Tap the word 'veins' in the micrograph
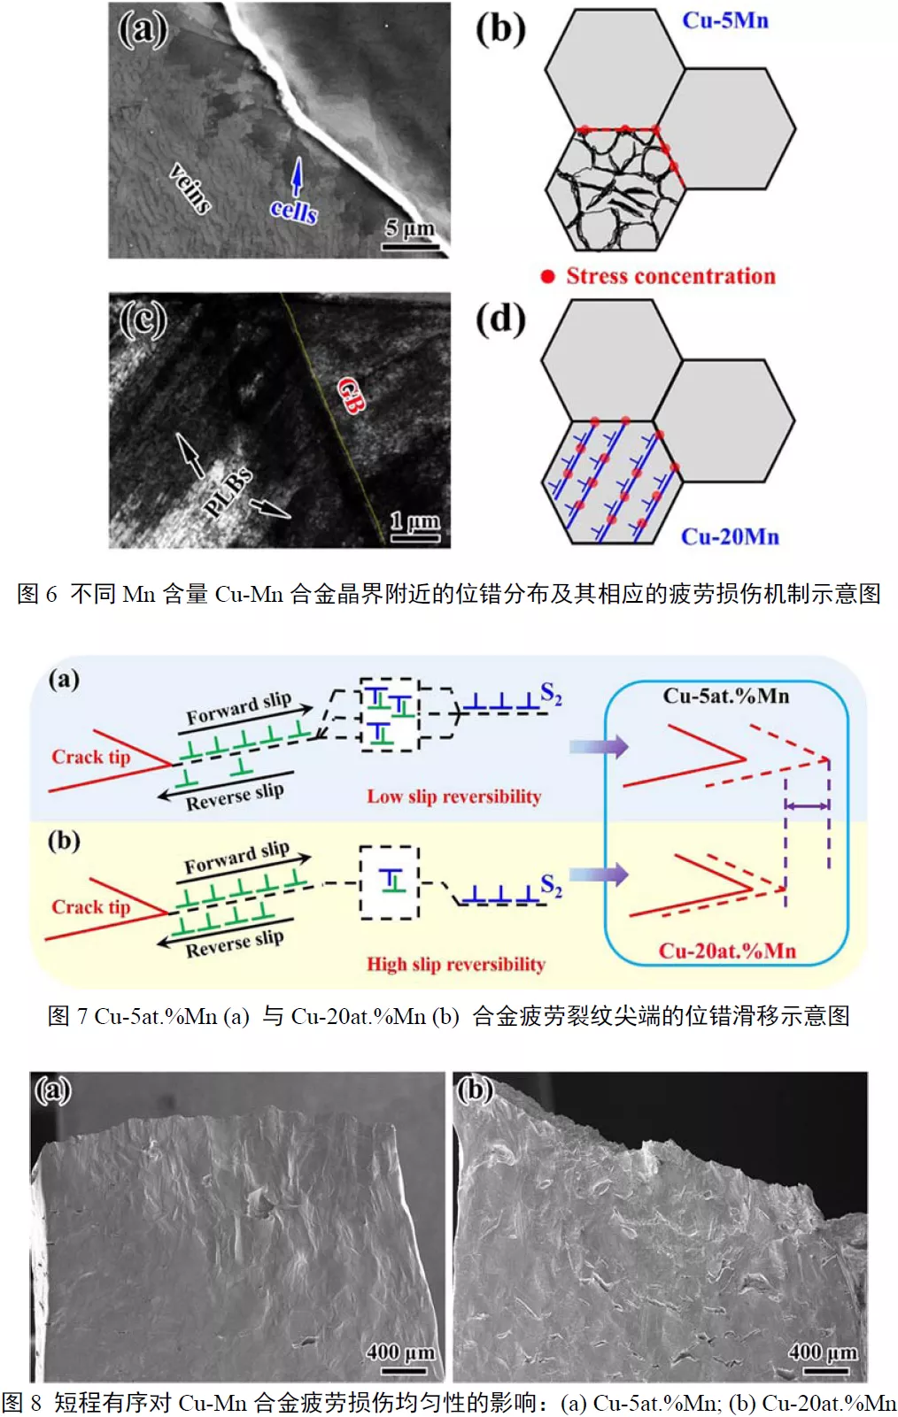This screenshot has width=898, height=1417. [x=190, y=188]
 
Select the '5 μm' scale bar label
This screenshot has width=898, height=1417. [x=410, y=228]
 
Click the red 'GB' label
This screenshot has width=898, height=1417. [x=351, y=395]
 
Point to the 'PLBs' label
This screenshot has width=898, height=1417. [x=228, y=492]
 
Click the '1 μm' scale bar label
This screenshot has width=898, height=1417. [x=415, y=520]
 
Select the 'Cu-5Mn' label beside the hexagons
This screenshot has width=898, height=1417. [x=724, y=20]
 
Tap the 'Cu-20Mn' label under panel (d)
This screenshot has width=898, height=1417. [x=730, y=536]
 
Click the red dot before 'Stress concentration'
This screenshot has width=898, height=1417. [x=548, y=276]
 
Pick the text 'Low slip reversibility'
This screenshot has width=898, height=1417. [x=453, y=797]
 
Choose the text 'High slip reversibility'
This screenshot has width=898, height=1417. [x=456, y=964]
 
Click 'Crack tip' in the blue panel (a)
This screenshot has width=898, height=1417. [x=90, y=757]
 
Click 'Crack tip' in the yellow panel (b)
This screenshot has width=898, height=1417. [x=90, y=907]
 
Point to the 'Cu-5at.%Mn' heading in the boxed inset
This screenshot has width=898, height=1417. [x=726, y=696]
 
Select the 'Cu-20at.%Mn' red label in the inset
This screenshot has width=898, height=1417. [x=727, y=951]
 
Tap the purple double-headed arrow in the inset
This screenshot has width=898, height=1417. [x=807, y=805]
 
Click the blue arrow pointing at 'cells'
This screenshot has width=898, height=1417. [x=297, y=176]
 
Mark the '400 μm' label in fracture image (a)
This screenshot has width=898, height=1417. [x=400, y=1352]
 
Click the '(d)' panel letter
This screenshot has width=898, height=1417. [x=500, y=319]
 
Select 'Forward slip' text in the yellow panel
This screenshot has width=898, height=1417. [x=236, y=857]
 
